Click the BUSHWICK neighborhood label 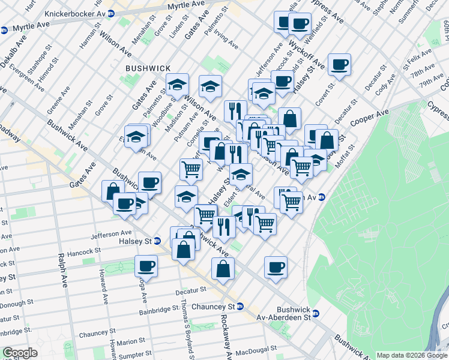tap(148, 69)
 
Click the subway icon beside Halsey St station tap(158, 241)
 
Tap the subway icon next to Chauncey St tap(240, 306)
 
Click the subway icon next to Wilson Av tap(322, 197)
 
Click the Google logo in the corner tap(20, 353)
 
